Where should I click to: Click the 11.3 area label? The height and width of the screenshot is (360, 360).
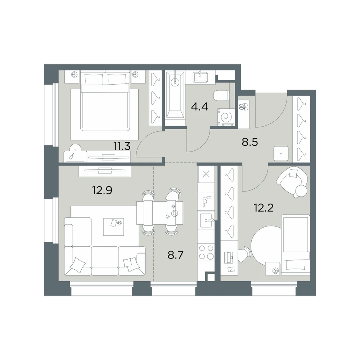122,146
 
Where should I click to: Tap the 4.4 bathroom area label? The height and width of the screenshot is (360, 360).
199,107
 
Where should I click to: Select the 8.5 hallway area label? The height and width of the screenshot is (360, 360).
250,142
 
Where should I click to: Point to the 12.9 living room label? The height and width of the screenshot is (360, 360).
102,190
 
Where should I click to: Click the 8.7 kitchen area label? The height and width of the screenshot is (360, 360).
176,255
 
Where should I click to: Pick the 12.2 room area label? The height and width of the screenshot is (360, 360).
264,208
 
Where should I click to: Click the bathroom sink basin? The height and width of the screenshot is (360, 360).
201,76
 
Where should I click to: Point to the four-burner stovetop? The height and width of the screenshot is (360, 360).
206,252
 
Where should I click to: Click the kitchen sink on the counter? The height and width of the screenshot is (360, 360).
207,220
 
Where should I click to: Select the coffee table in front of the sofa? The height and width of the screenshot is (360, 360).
113,227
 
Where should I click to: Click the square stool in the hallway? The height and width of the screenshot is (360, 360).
281,153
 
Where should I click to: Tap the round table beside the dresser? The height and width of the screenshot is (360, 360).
75,148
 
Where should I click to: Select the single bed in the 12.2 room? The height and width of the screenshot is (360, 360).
296,244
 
